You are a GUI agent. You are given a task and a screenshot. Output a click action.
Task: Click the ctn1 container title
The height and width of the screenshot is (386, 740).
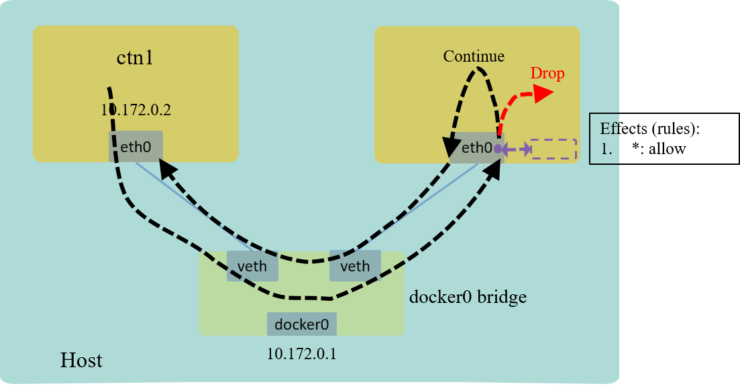136,58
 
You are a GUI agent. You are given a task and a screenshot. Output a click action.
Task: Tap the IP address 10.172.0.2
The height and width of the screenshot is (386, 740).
136,110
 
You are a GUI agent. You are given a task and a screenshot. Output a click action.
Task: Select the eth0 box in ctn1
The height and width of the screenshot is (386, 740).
136,146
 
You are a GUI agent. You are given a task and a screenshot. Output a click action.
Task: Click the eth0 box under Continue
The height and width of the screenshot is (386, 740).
476,147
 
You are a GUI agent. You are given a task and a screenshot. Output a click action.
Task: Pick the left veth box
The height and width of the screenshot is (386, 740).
252,267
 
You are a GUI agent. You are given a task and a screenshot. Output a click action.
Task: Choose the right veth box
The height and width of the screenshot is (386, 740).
355,267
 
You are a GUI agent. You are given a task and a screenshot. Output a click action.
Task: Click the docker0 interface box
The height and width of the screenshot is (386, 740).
302,324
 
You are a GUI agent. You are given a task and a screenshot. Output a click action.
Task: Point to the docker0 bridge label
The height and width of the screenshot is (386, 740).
468,296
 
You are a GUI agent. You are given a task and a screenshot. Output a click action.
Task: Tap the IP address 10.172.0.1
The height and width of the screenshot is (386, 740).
302,353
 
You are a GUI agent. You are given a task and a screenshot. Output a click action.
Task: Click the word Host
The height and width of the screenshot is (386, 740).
81,361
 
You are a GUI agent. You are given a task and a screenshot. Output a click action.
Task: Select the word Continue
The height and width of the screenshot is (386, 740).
474,56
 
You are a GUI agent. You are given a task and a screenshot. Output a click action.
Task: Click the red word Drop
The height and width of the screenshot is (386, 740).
547,73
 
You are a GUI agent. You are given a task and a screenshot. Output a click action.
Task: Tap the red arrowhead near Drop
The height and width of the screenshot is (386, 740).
543,93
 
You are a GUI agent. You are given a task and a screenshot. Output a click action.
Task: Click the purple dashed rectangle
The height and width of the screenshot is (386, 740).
553,149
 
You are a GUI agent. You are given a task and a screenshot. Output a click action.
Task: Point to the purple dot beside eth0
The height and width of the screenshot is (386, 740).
498,149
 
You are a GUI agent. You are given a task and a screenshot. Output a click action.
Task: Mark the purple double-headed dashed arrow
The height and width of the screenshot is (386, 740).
516,149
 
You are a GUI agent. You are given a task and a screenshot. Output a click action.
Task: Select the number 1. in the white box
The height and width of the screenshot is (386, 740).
606,149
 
